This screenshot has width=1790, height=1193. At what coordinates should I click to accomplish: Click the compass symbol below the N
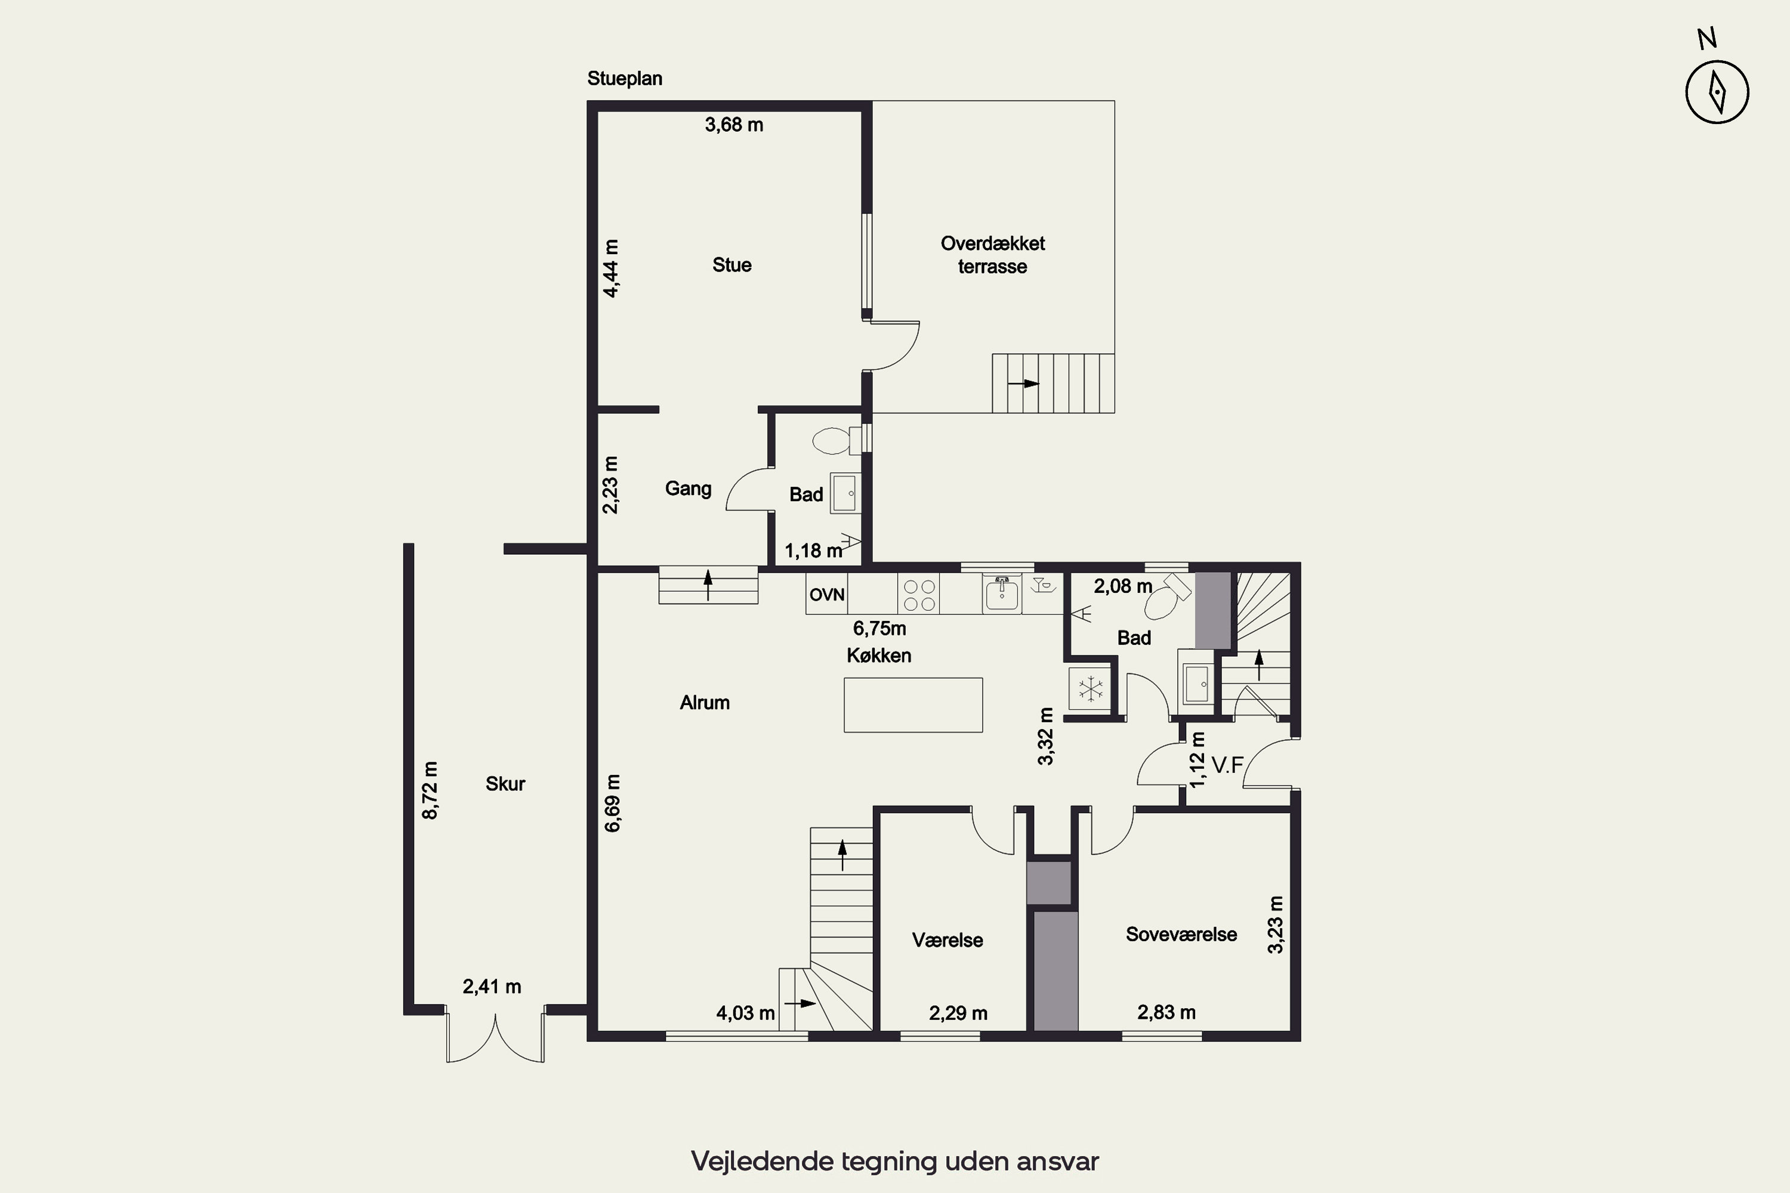click(1717, 92)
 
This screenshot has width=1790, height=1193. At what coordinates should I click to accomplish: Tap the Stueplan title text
click(624, 78)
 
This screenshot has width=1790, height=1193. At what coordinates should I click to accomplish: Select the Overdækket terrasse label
click(992, 255)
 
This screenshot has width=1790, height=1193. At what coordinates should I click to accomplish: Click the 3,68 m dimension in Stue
click(734, 125)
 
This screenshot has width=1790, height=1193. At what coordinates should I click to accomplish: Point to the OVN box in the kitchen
click(826, 594)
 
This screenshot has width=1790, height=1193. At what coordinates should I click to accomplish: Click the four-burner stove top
click(919, 595)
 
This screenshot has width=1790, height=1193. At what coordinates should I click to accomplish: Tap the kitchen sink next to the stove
click(1002, 594)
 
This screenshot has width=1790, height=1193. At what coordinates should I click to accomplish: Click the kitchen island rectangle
click(913, 704)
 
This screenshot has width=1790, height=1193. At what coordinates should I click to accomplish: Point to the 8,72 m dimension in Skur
click(430, 790)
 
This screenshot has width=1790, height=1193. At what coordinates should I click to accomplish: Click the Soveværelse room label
click(1181, 934)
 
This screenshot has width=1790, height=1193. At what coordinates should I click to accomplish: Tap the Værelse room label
click(948, 941)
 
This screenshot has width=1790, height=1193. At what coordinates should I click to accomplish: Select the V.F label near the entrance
click(1227, 765)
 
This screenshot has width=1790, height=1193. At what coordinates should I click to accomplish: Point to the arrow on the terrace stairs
click(1024, 384)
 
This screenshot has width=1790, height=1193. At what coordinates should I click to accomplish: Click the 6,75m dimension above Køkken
click(879, 629)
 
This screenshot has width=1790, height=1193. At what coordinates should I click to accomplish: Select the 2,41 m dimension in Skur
click(492, 987)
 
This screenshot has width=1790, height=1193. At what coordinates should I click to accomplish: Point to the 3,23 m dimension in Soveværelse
click(1276, 925)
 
